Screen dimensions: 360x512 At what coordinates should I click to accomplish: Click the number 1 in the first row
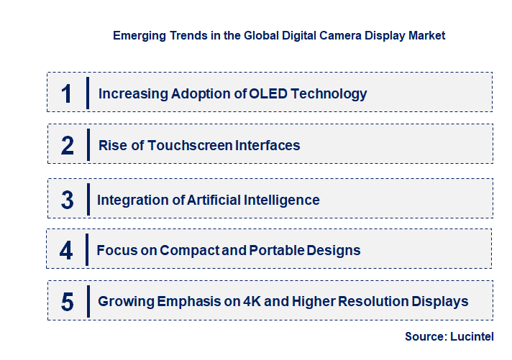tap(67, 93)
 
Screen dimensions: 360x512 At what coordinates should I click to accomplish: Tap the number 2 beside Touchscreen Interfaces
tap(68, 145)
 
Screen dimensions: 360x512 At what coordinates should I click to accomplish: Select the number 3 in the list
tap(67, 200)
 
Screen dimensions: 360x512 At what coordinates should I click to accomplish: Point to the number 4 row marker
tap(66, 250)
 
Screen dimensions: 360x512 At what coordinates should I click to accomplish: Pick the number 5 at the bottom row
tap(67, 302)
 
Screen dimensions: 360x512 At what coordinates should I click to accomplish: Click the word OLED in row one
tap(268, 93)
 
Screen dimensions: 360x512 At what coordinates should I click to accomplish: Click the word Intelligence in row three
tap(284, 200)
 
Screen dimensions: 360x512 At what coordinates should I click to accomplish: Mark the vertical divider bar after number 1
tap(87, 93)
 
